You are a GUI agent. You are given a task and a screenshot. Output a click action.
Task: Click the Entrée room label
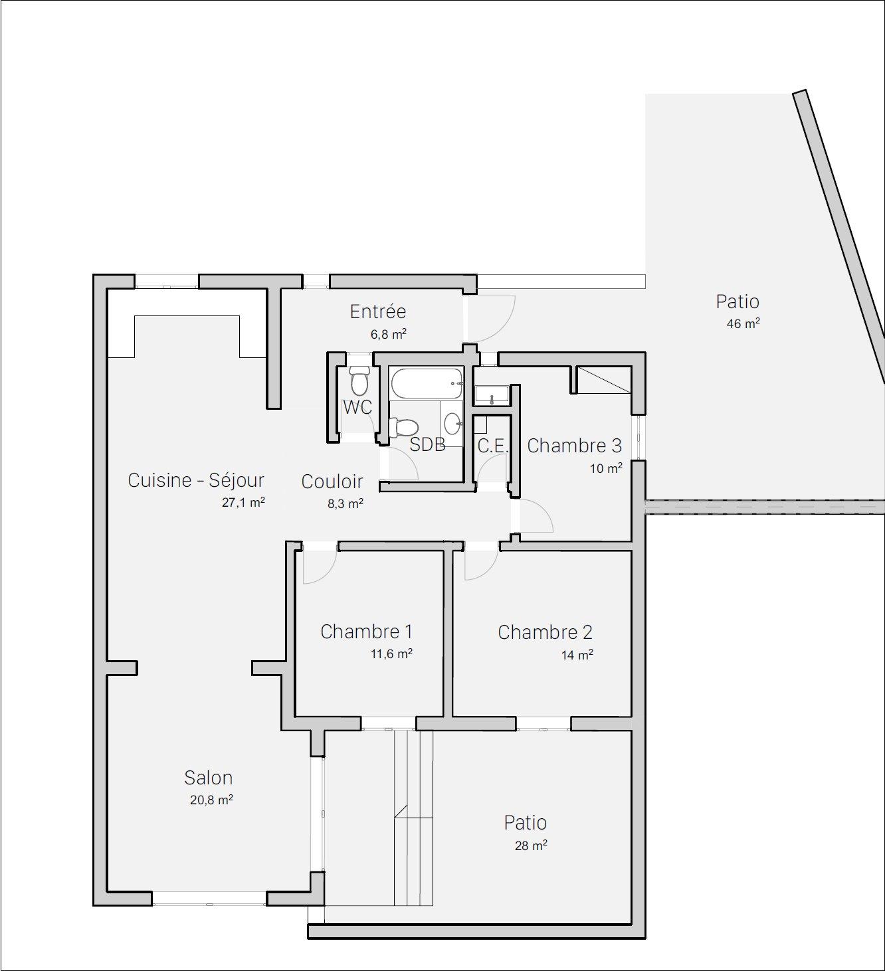[x=378, y=311]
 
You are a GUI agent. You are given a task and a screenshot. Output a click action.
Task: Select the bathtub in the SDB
[x=427, y=383]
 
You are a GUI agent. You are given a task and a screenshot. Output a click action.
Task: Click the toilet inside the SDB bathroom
[x=403, y=428]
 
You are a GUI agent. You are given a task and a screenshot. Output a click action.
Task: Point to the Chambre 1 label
[x=366, y=632]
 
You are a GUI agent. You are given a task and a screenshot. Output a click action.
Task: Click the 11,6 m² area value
[x=391, y=654]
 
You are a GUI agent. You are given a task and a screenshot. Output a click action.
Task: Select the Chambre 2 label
[x=545, y=632]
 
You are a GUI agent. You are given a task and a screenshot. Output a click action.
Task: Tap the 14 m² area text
[x=577, y=655]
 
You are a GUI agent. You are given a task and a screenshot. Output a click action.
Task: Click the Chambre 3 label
[x=574, y=446]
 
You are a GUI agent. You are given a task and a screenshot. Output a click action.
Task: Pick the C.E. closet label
[x=492, y=446]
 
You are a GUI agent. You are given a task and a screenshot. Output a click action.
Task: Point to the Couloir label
[x=332, y=482]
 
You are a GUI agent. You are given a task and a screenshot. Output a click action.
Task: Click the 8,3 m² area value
[x=345, y=504]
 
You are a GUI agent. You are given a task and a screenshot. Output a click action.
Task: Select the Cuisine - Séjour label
[x=196, y=480]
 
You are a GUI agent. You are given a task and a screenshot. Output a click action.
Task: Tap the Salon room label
[x=208, y=778]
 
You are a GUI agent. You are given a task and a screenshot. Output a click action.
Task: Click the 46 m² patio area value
[x=743, y=323]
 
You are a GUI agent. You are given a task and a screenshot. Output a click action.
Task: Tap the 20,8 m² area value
[x=211, y=800]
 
